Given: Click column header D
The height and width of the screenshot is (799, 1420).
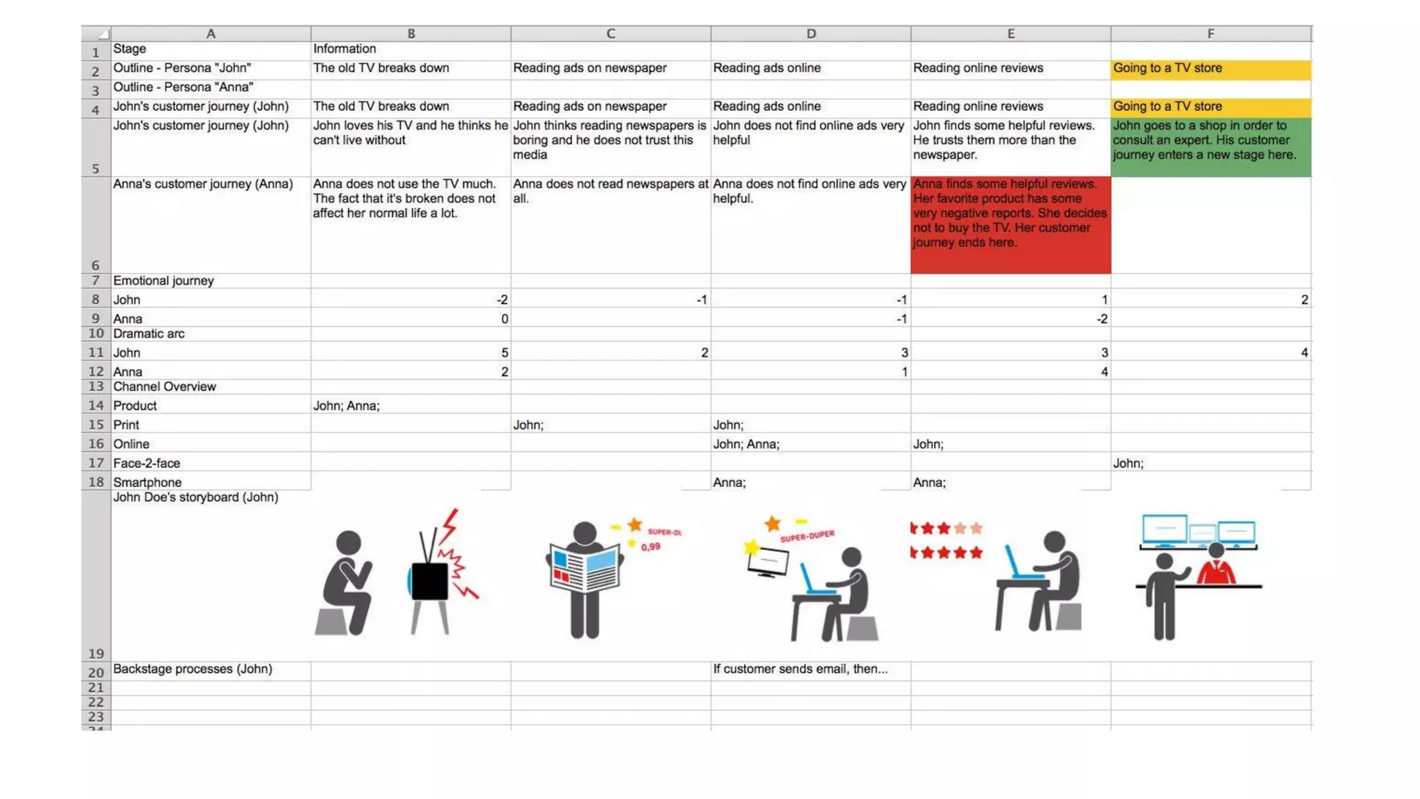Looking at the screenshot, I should click(811, 33).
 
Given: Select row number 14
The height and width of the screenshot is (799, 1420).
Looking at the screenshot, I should click(96, 406).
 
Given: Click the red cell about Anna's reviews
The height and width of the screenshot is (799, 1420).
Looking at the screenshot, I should click(1010, 224).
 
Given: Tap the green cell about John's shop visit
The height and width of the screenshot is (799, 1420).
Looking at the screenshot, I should click(1211, 147).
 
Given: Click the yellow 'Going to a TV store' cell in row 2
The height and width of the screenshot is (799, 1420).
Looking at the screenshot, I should click(1211, 69).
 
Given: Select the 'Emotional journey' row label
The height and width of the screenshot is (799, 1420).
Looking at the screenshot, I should click(164, 281).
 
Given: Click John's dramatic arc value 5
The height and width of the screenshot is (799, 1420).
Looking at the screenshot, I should click(504, 353).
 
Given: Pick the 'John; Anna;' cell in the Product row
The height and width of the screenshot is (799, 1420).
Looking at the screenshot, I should click(347, 406).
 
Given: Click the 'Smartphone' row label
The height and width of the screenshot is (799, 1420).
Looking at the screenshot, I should click(147, 483).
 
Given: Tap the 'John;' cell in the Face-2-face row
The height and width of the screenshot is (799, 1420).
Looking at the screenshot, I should click(1128, 463).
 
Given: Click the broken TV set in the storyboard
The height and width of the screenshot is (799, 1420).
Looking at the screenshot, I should click(430, 581).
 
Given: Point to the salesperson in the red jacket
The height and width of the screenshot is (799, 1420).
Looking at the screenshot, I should click(1217, 566).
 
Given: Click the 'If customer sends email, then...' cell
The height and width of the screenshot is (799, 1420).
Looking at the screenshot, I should click(800, 669).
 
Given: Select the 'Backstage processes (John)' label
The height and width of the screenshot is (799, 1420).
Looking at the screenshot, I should click(192, 669).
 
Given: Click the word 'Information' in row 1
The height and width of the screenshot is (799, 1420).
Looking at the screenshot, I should click(345, 49).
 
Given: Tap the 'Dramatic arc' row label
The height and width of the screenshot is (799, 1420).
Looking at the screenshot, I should click(148, 334).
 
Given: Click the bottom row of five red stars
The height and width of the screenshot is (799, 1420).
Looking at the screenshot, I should click(946, 553).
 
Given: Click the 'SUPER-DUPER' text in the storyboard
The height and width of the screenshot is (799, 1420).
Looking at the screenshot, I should click(807, 536).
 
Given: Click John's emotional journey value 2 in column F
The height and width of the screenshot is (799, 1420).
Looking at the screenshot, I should click(1304, 300).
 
